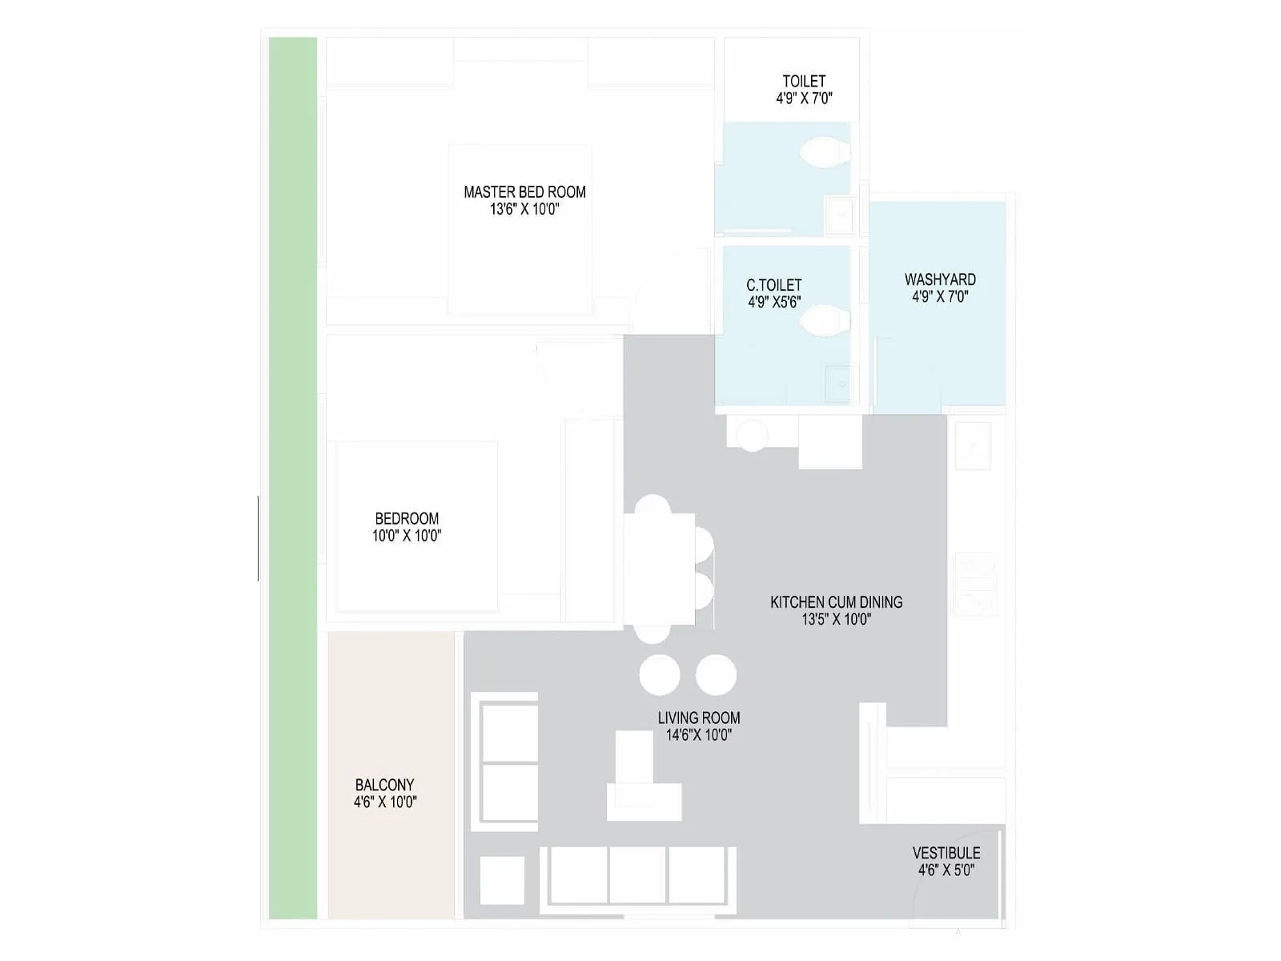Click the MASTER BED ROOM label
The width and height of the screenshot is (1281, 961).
524,192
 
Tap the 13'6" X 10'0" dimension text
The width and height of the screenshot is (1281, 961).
524,210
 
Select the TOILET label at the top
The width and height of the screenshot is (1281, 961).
804,81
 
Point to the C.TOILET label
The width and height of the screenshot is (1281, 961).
773,285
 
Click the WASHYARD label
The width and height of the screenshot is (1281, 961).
940,279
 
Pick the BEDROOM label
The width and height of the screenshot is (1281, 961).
407,518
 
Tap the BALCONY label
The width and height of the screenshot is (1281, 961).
385,785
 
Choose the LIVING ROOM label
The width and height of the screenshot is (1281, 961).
699,718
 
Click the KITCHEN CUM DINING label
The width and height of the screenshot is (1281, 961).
836,601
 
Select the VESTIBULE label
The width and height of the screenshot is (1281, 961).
946,853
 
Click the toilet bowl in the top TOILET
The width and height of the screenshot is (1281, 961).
824,151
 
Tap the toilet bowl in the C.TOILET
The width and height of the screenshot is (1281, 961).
824,322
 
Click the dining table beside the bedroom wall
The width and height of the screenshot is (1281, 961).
660,569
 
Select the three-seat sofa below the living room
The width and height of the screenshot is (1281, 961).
638,875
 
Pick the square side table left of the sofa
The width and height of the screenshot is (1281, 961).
502,880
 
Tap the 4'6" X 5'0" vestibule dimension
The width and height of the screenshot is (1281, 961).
946,871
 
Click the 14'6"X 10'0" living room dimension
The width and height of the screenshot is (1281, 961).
699,735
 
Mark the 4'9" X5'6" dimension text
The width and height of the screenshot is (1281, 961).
774,303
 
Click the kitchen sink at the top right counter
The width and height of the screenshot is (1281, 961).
973,445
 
